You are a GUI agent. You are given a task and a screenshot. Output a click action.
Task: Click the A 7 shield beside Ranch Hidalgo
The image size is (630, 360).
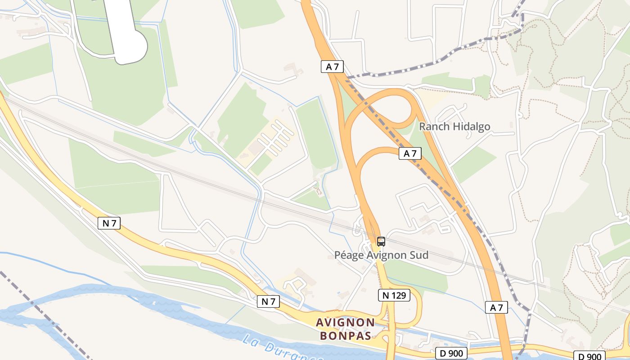click(410, 153)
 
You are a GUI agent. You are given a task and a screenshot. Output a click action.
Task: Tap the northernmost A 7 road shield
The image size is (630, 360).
click(332, 67)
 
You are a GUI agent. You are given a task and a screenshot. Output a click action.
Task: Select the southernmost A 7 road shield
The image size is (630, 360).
click(496, 308)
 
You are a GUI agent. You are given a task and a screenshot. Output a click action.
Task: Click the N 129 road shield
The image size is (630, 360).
click(394, 295)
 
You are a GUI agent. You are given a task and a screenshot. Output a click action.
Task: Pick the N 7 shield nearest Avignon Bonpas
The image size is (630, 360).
click(268, 301)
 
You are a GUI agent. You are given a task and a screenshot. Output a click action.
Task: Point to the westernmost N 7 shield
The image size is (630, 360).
click(109, 223)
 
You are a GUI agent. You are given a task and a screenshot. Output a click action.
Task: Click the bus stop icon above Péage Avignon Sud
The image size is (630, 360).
click(381, 242)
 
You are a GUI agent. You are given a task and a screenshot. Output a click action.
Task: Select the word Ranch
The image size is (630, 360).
click(434, 126)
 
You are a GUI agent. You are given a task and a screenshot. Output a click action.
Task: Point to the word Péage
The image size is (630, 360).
click(348, 255)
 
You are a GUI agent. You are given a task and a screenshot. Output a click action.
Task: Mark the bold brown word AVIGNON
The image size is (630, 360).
click(345, 322)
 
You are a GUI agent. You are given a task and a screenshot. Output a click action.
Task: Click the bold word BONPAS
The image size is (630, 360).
click(346, 336)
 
